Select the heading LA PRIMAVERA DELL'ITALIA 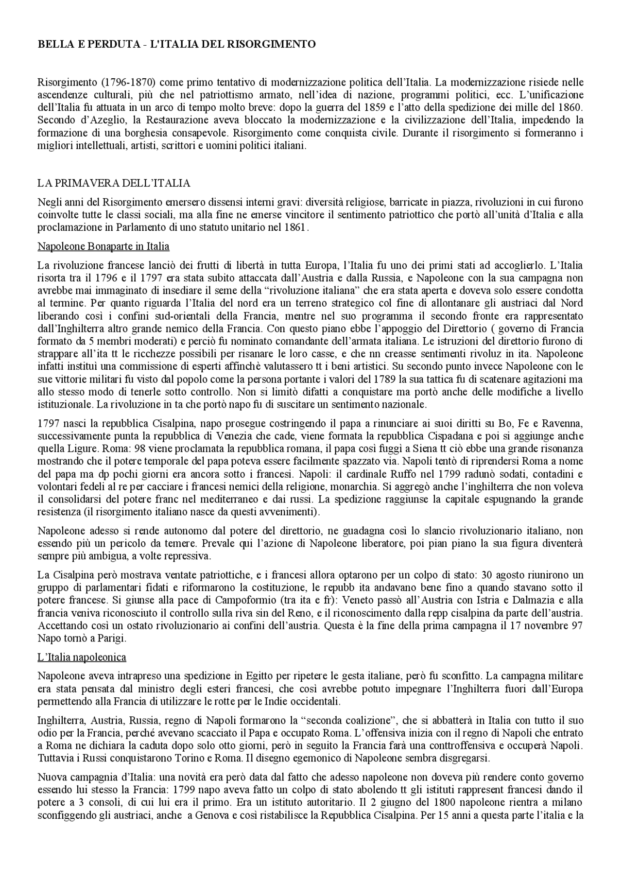114,183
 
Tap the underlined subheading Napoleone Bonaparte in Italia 104,246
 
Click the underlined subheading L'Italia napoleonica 82,657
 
